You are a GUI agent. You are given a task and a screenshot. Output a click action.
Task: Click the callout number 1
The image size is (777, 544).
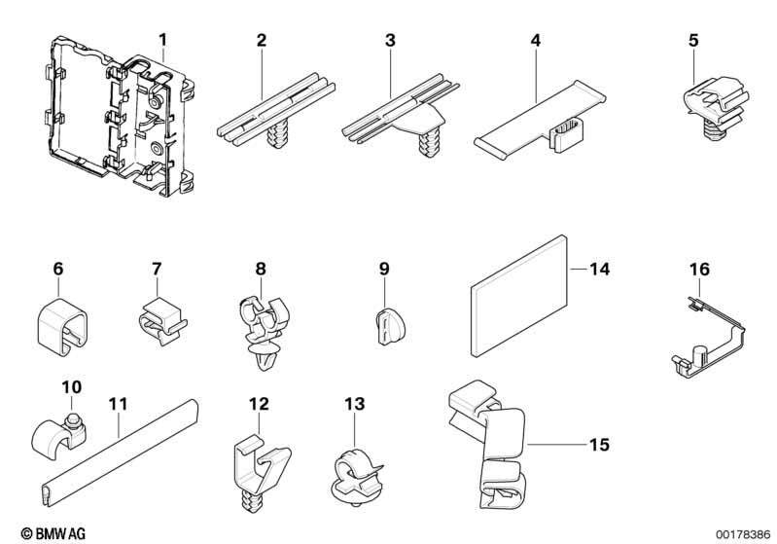[x=163, y=39]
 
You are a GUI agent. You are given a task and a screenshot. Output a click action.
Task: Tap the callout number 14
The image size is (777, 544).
[x=599, y=269]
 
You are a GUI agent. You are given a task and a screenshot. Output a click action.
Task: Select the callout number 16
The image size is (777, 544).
[x=699, y=270]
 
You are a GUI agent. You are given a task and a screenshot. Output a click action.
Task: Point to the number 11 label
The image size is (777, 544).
[x=119, y=404]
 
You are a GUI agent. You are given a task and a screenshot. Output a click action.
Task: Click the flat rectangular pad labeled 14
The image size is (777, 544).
[x=518, y=296]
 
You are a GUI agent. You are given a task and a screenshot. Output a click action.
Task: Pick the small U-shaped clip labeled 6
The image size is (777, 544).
[x=62, y=326]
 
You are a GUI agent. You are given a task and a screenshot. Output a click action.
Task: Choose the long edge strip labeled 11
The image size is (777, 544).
[x=119, y=453]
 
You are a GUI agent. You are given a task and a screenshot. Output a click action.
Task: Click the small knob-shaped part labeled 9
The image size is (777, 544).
[x=390, y=325]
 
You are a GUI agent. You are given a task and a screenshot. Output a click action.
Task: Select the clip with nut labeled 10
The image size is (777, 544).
[x=58, y=435]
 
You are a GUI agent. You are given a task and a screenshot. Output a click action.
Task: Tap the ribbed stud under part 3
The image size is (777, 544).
[x=429, y=144]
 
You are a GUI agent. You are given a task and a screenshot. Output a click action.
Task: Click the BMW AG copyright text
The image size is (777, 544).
[x=53, y=533]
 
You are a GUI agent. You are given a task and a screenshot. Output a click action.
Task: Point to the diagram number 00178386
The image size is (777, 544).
[x=743, y=534]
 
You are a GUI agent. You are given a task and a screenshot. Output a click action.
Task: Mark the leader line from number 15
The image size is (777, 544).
[x=556, y=445]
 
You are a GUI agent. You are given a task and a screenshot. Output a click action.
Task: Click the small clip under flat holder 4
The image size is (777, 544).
[x=567, y=134]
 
